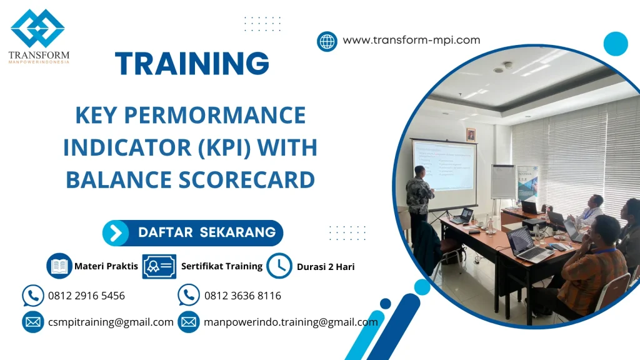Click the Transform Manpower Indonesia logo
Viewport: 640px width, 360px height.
[x=39, y=36]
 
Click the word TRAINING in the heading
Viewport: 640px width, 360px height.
[x=192, y=64]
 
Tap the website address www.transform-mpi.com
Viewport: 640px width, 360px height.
[x=411, y=41]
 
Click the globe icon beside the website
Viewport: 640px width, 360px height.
[x=327, y=41]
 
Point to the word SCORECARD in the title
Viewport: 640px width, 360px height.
[x=245, y=179]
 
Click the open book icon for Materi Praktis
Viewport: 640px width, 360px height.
[x=59, y=266]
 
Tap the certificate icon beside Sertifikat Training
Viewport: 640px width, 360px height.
[x=159, y=266]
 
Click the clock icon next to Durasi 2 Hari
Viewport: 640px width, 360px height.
[x=279, y=266]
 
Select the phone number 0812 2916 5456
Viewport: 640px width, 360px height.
[x=86, y=296]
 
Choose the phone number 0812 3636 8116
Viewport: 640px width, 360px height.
[x=242, y=296]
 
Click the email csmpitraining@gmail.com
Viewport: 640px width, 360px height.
[x=111, y=322]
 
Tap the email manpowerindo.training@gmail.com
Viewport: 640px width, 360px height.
[x=291, y=322]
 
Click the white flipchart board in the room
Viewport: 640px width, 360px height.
[x=502, y=181]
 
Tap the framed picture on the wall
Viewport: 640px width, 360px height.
[x=471, y=134]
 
